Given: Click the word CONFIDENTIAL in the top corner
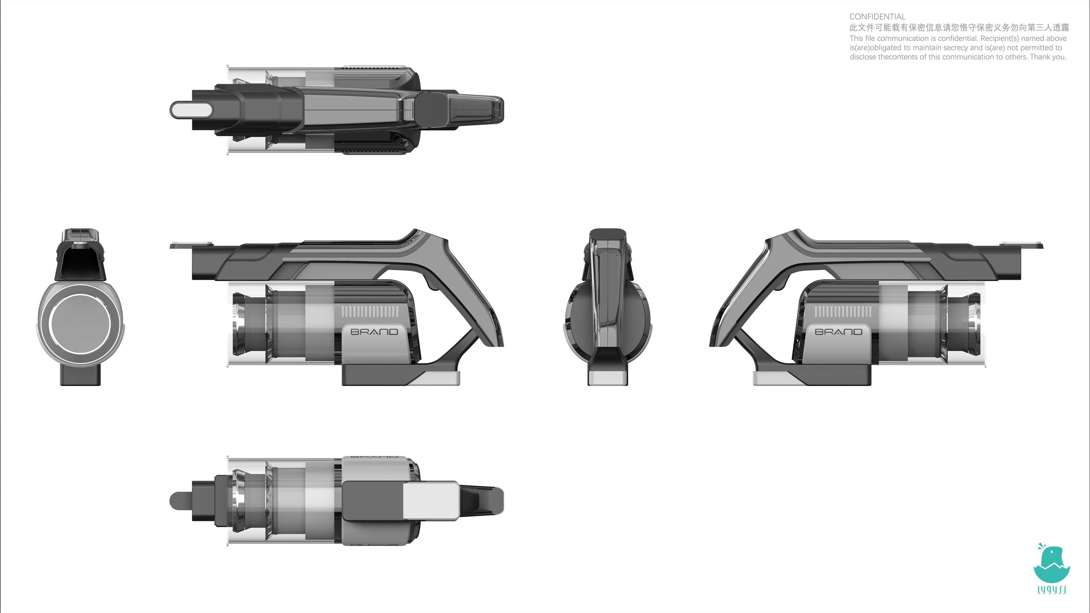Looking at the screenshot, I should coord(877,16).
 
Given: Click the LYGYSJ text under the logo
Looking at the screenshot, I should coord(1051,589).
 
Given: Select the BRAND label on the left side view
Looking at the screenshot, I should coord(374,332).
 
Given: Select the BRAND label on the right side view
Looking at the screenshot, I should coord(838,332).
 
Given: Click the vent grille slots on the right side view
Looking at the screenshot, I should coord(843,312).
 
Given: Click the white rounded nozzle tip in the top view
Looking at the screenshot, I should coord(192,110).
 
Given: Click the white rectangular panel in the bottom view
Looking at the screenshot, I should coord(430,501).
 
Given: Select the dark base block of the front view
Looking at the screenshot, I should coord(80,375).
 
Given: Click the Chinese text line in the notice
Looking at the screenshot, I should coord(959,28).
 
